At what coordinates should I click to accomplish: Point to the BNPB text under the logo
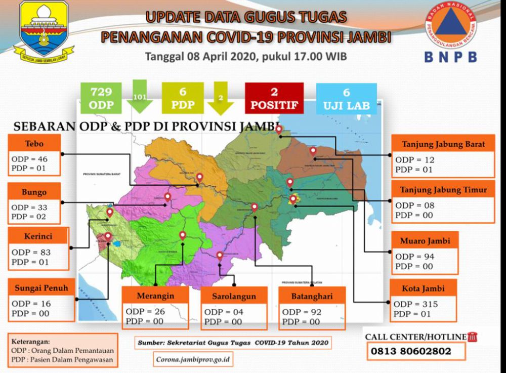point(451,57)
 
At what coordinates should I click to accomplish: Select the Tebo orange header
point(34,142)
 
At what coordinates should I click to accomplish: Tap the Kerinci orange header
point(37,236)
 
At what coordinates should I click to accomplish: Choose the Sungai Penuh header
point(41,288)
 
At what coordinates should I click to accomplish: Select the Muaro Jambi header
point(425,240)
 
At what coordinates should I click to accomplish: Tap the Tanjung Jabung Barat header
point(443,144)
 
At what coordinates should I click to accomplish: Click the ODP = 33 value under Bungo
point(29,207)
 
